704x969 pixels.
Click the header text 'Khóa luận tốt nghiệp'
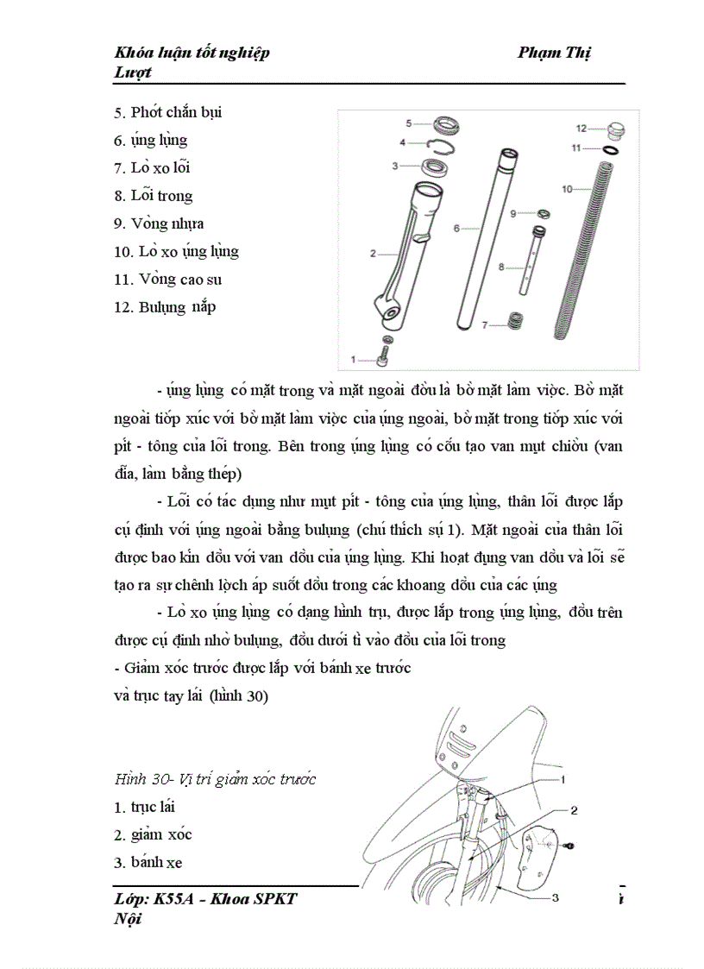[192, 53]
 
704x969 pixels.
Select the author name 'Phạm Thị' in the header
[554, 53]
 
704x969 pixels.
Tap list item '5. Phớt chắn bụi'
[168, 112]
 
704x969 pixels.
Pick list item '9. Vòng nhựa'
[159, 223]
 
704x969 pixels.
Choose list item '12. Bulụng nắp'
[165, 307]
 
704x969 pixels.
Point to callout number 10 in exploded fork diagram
[567, 187]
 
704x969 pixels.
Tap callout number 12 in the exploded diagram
[581, 129]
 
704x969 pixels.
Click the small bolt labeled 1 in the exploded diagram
[385, 354]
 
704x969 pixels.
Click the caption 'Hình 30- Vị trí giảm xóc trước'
[215, 779]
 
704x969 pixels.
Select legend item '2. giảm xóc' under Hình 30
[153, 834]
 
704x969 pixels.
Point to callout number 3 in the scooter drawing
[555, 897]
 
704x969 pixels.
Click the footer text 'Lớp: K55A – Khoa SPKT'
[205, 899]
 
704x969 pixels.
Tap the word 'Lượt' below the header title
[133, 72]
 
